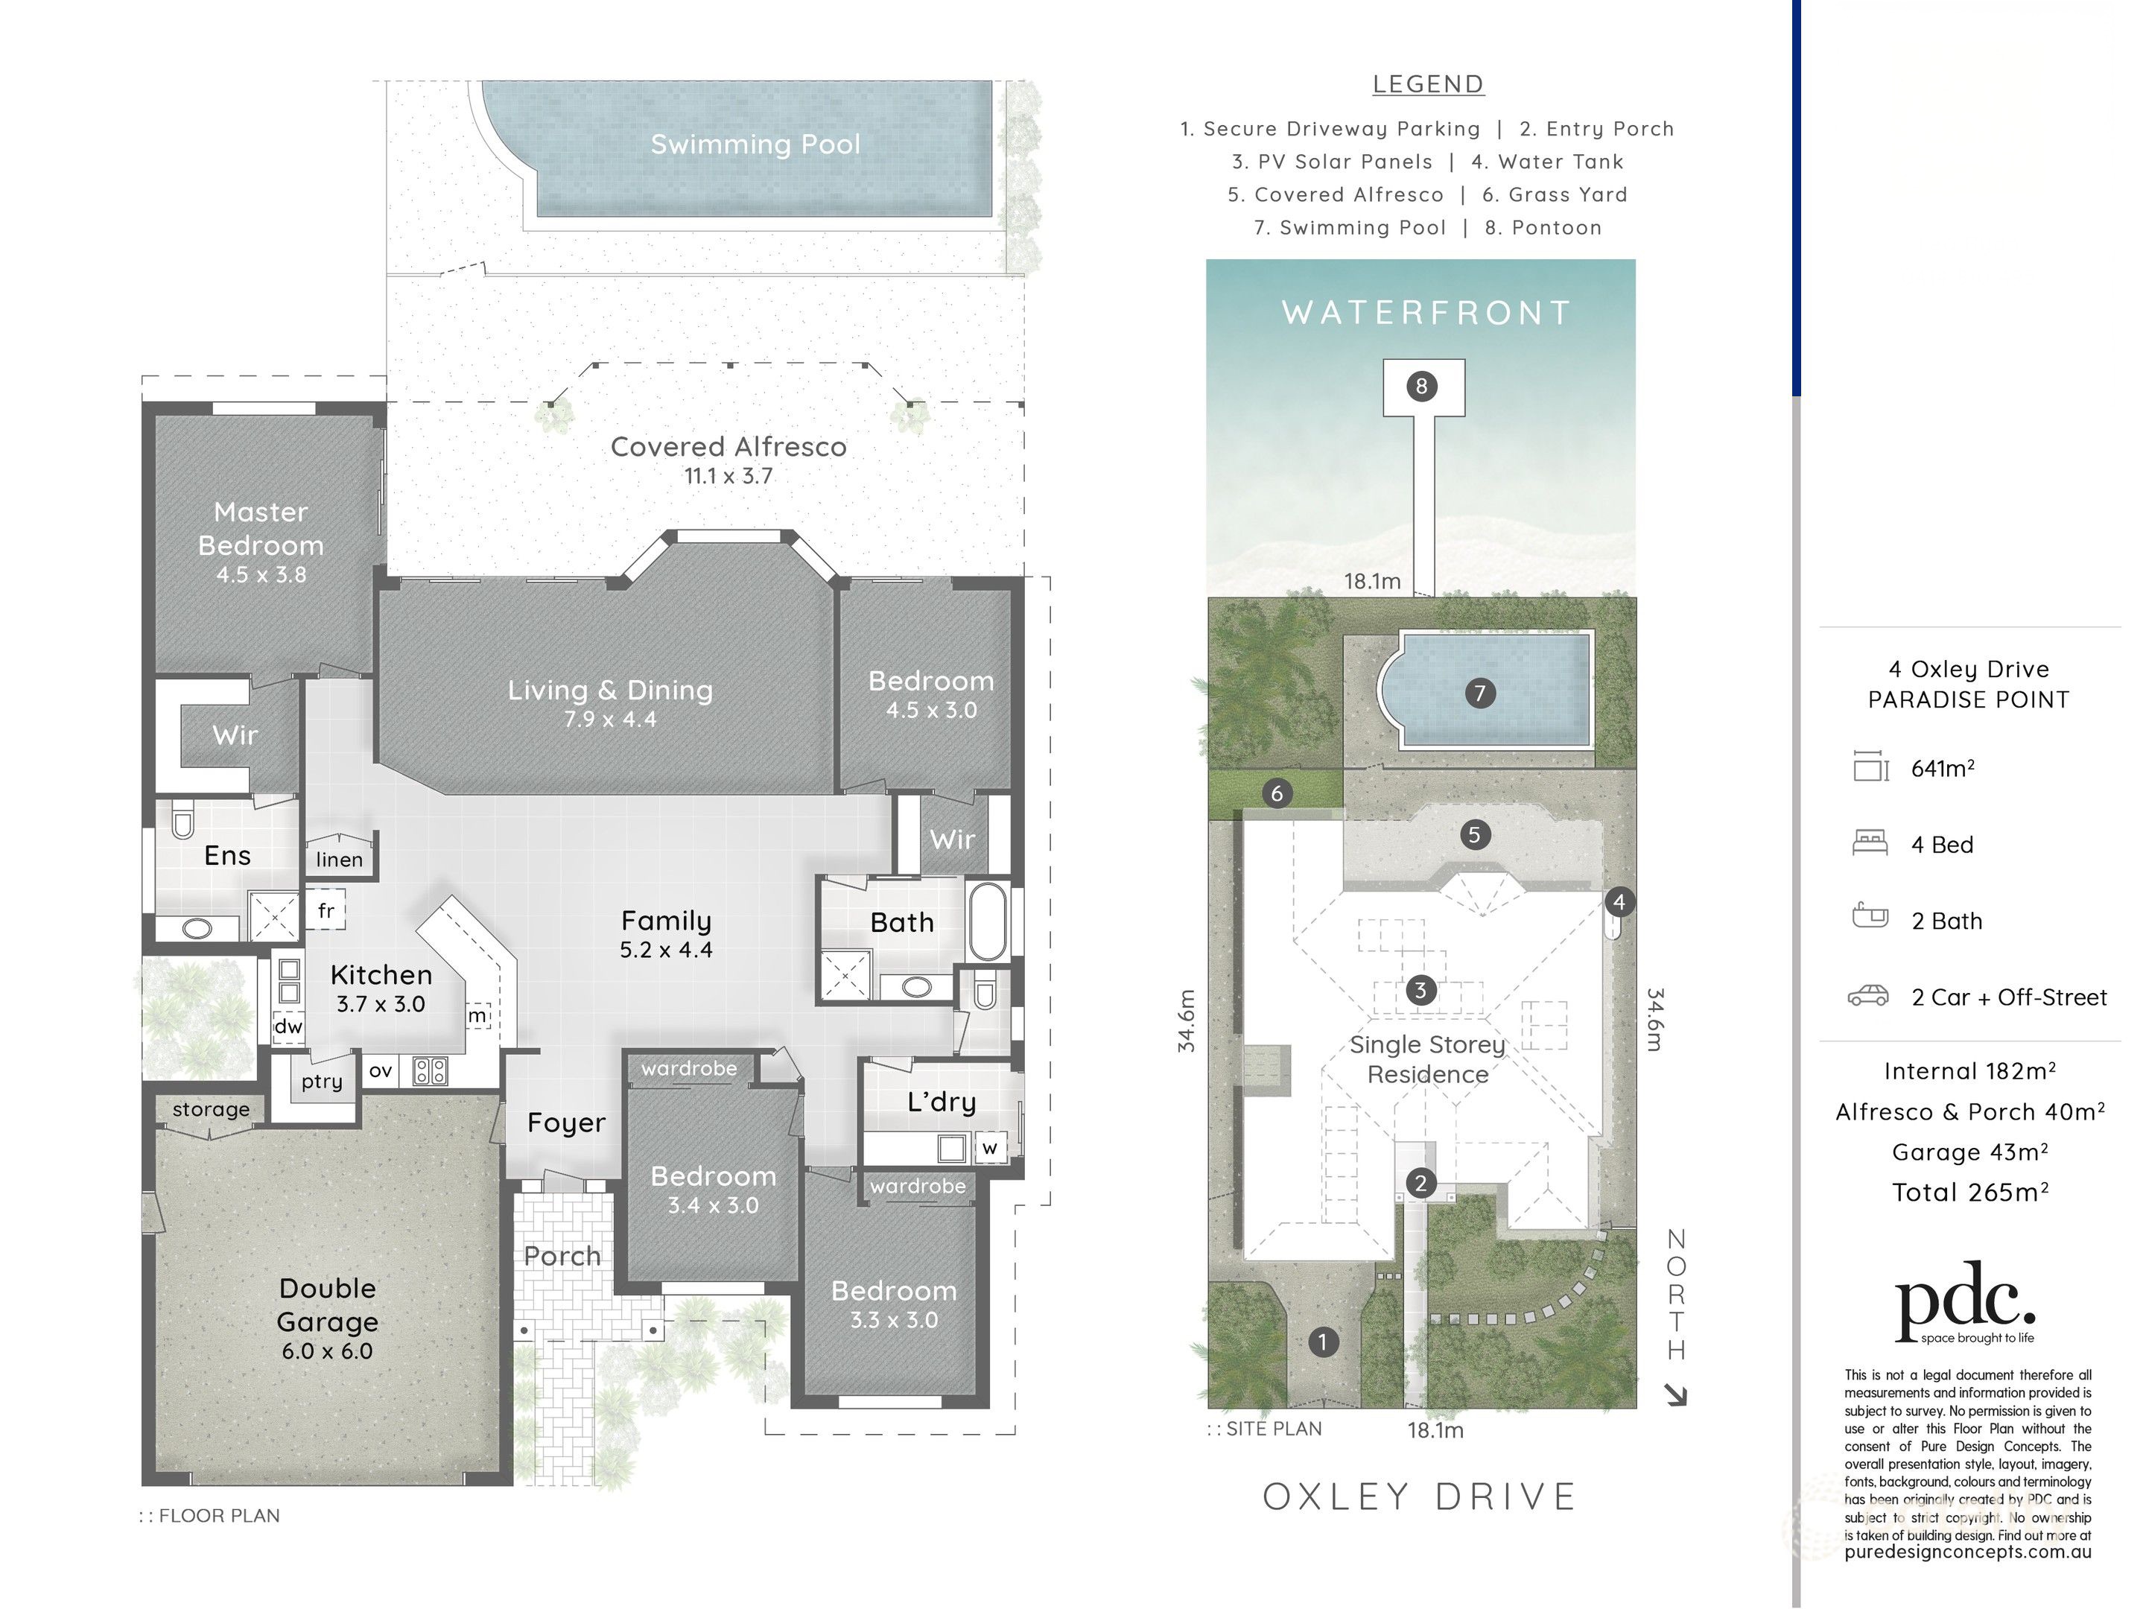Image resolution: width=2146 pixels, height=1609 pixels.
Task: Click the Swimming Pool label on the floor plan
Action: point(755,144)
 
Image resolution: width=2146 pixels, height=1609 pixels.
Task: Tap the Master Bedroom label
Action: point(261,528)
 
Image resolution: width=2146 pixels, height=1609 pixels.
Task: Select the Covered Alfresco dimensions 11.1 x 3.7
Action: point(728,475)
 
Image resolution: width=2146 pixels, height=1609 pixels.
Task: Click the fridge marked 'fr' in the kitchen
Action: point(326,910)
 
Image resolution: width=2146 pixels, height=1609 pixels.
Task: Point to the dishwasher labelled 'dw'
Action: point(288,1026)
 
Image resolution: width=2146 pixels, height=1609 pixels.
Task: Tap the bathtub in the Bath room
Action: point(988,921)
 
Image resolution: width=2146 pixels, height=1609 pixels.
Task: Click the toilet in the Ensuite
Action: point(182,820)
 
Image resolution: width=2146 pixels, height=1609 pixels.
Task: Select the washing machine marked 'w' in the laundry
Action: point(989,1147)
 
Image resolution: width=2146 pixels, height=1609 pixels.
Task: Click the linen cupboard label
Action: point(340,859)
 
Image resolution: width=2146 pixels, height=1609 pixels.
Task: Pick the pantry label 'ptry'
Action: point(321,1081)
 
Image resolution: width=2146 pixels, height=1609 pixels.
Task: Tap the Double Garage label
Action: point(328,1304)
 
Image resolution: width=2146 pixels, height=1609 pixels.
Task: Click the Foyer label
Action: point(567,1123)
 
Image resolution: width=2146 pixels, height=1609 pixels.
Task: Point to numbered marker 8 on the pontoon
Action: point(1421,387)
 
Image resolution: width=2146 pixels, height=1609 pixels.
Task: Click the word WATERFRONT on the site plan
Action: point(1426,312)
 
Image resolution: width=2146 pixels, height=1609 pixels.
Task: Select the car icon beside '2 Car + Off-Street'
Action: point(1867,996)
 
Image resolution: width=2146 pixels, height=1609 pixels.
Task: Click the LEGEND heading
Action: point(1428,84)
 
